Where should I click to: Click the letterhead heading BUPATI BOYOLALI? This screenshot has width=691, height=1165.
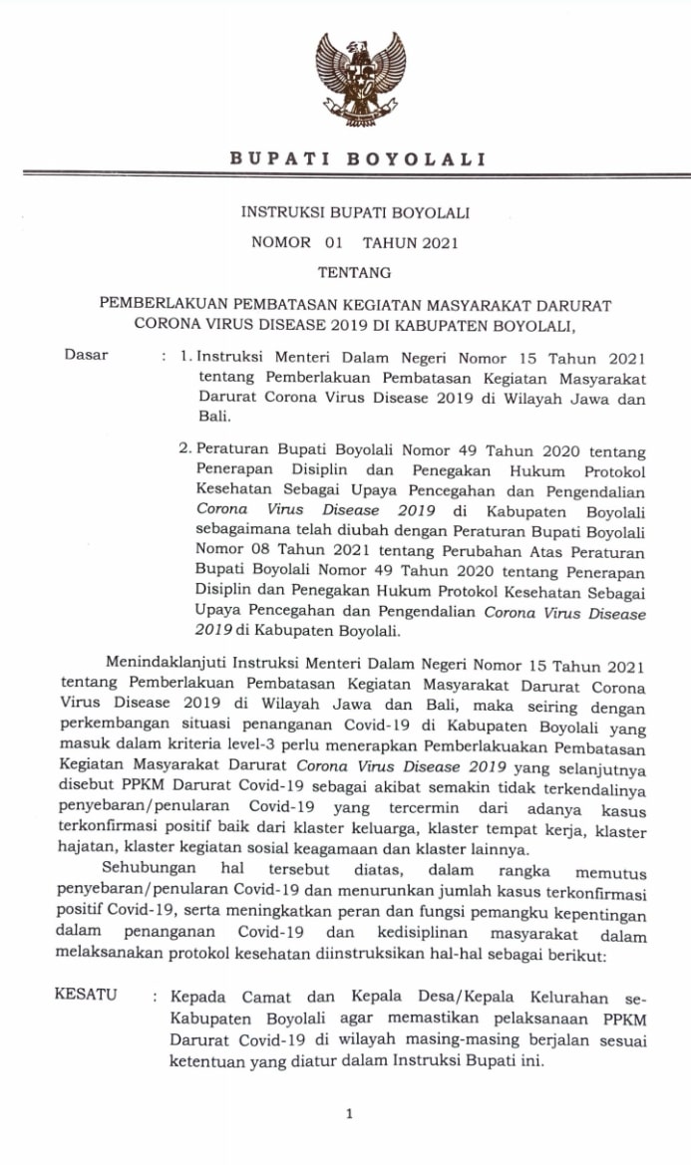pos(358,158)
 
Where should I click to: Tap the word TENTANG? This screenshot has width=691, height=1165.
pos(354,271)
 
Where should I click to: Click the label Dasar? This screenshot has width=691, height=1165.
pos(86,355)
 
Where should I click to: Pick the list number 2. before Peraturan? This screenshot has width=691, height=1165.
pos(184,450)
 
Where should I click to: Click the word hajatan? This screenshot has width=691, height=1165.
pos(87,850)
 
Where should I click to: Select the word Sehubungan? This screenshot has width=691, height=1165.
pos(150,871)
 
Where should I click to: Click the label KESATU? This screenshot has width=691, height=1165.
pos(86,995)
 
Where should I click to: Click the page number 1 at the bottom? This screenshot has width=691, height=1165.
pos(349,1114)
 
